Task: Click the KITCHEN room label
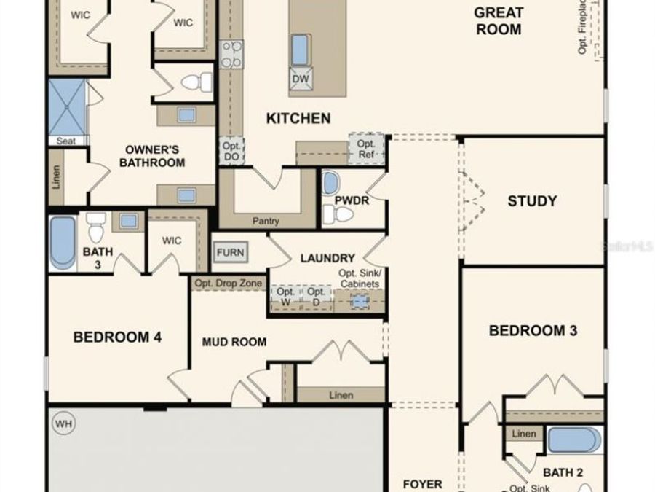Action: [298, 118]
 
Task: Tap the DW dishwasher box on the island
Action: [301, 79]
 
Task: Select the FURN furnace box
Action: [231, 252]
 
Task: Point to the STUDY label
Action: [532, 201]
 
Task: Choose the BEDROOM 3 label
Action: [533, 331]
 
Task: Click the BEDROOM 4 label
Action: [117, 337]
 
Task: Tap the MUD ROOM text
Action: [234, 342]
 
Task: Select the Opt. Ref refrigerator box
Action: [365, 149]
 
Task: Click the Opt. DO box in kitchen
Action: [231, 152]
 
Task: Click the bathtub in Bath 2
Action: [574, 441]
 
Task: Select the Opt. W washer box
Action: [285, 297]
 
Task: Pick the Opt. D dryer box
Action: [317, 297]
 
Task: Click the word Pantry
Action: [266, 221]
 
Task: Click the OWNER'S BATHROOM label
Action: [152, 156]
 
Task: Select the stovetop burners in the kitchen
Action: [231, 55]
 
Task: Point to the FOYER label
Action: [422, 484]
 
